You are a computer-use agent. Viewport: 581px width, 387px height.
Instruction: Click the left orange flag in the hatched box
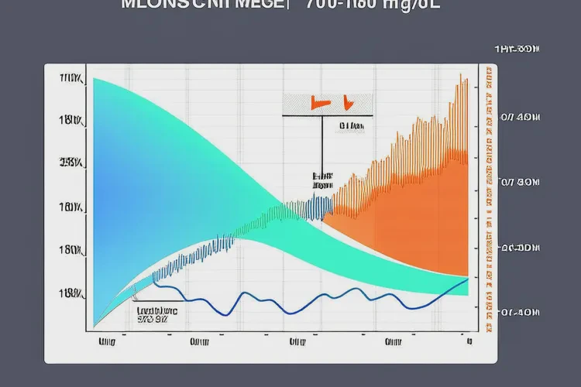pos(315,101)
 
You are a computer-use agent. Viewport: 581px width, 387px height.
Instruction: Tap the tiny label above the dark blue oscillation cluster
pos(321,181)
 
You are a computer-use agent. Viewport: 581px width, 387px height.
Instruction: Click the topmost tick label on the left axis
pos(71,78)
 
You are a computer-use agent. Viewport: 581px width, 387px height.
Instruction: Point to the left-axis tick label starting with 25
pos(71,163)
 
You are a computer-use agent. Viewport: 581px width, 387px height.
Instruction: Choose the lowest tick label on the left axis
pos(71,293)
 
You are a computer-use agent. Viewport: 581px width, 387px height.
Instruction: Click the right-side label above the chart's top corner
pos(517,50)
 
